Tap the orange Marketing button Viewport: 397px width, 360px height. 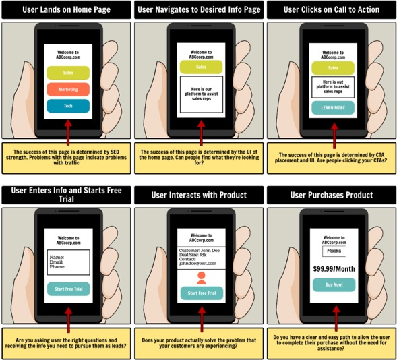click(67, 90)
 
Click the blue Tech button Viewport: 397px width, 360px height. click(67, 106)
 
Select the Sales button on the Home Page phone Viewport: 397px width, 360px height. click(67, 73)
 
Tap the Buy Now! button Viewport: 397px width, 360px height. click(333, 285)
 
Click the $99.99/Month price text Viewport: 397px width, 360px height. click(333, 268)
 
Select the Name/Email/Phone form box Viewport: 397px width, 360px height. click(67, 262)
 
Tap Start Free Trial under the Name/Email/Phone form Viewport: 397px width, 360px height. click(67, 289)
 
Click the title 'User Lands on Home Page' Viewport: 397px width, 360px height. click(66, 10)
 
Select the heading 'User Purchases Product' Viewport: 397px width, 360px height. click(331, 195)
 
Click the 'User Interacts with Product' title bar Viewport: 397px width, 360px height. click(199, 195)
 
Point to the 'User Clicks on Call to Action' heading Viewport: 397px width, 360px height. click(331, 10)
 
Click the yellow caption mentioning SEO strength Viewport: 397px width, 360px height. click(66, 156)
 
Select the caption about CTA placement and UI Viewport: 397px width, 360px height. click(331, 158)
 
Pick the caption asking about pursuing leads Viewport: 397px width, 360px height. click(66, 343)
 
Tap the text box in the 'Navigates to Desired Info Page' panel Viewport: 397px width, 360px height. click(200, 94)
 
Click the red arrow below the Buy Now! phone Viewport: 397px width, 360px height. click(333, 316)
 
